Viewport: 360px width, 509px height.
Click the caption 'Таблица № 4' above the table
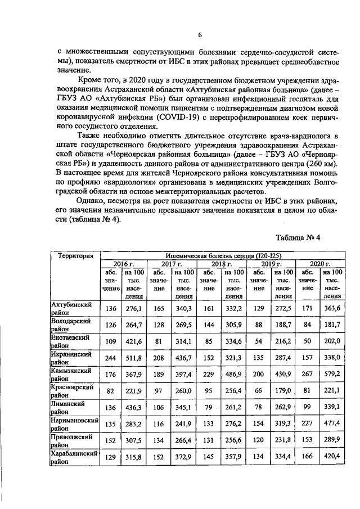299,237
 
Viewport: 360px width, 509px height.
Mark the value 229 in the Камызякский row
209,376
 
